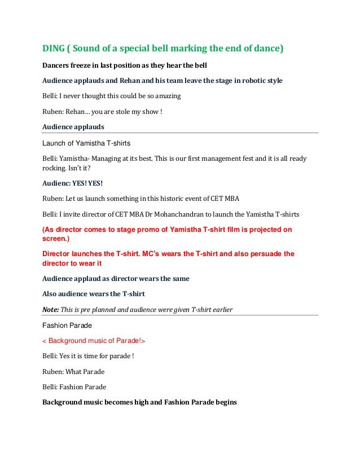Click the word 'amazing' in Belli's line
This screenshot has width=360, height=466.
(x=164, y=96)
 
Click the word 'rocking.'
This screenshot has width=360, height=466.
(x=56, y=168)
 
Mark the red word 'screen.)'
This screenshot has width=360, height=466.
(x=56, y=239)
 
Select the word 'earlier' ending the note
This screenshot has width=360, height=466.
(x=221, y=309)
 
